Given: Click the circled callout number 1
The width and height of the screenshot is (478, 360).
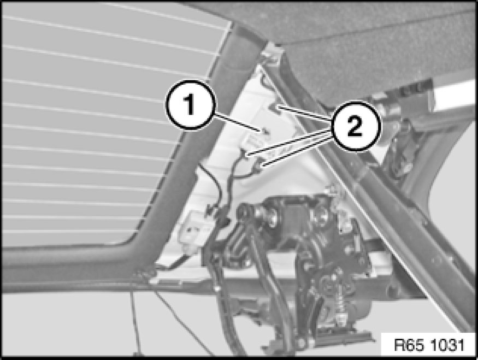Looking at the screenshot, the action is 190,104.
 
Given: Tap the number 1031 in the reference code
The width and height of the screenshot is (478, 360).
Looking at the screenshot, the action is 448,345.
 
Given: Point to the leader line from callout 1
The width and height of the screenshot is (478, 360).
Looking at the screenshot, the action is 238,122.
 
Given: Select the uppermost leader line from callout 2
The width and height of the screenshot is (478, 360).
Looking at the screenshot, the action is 305,113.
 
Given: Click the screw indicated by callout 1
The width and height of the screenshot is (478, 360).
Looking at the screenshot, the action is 266,132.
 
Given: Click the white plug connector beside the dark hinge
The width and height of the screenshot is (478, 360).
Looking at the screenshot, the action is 192,228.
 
